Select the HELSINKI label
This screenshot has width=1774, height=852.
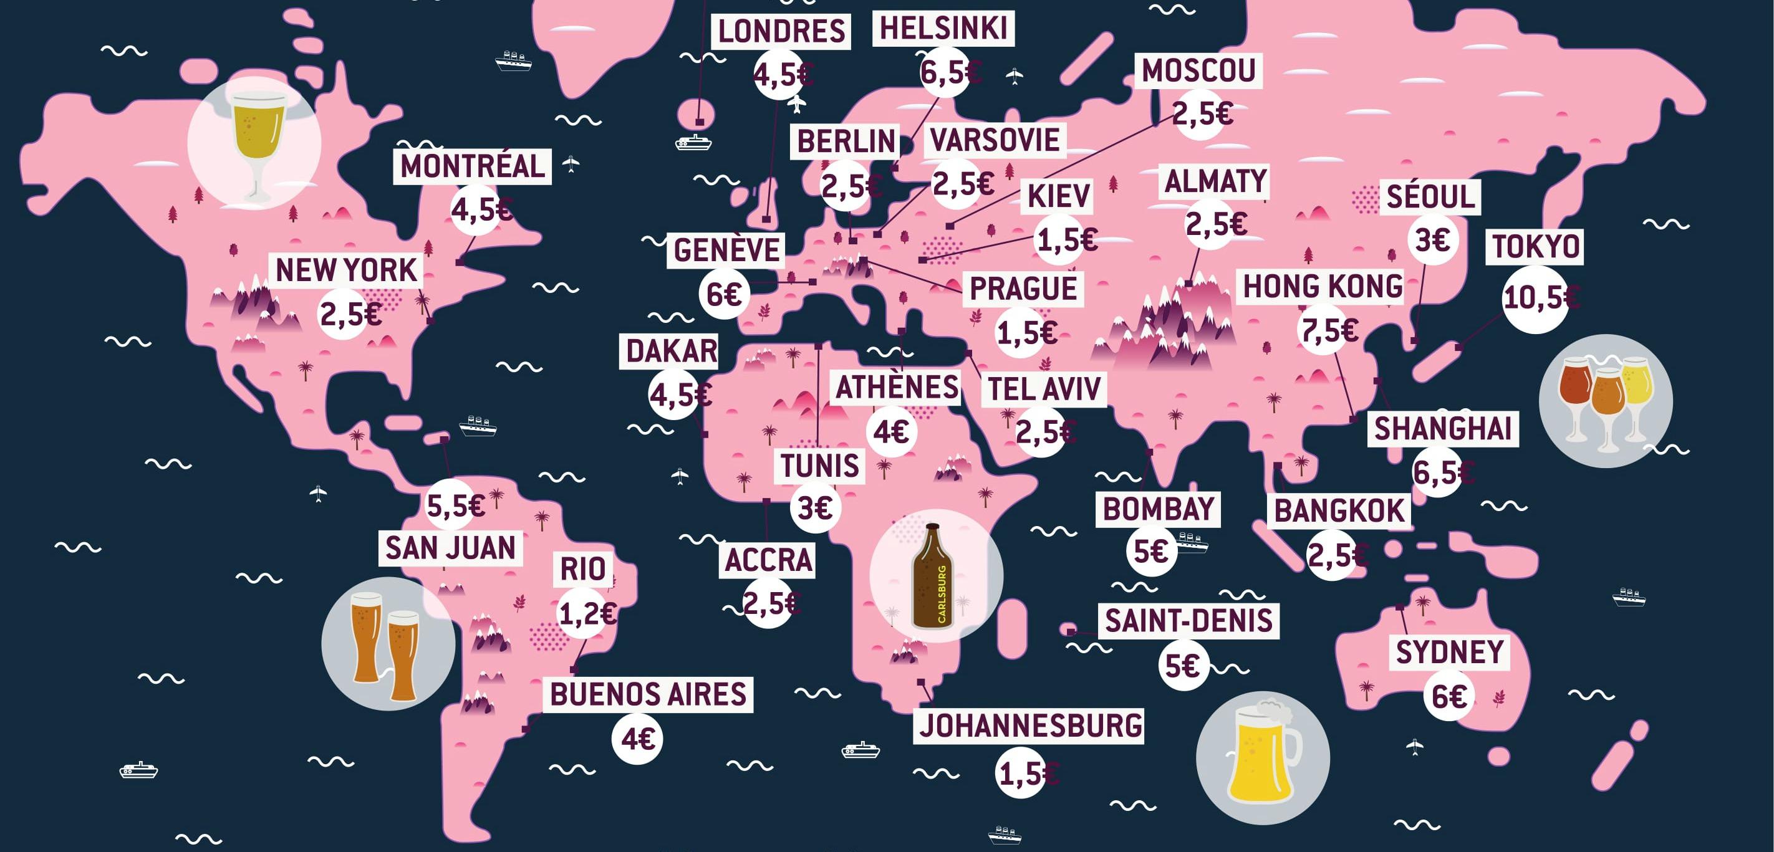(943, 29)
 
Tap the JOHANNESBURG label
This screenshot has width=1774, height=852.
(1030, 726)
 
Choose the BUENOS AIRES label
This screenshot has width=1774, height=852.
(648, 694)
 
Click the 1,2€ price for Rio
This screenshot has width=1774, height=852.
(586, 613)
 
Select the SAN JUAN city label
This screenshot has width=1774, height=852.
(450, 548)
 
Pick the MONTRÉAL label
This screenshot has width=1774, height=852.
(473, 166)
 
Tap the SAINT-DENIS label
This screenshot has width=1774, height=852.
(1188, 621)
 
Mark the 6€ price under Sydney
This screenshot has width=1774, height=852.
(1449, 697)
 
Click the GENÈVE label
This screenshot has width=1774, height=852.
(726, 250)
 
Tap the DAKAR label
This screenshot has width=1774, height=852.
(671, 352)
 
